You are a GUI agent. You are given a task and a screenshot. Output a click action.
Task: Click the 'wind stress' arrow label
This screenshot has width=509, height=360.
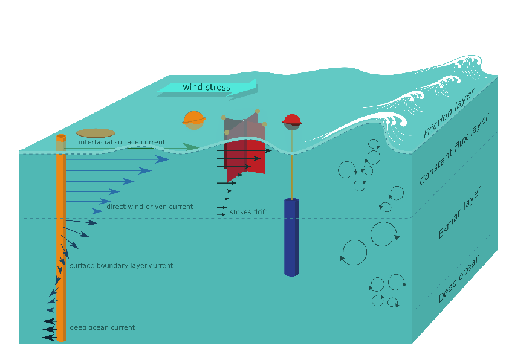206,88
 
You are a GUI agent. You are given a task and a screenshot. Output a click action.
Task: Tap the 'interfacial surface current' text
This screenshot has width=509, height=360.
122,143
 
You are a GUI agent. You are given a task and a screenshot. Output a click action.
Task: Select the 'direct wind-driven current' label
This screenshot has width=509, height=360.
149,207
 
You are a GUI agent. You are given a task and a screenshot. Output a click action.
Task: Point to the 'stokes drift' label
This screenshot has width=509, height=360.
248,212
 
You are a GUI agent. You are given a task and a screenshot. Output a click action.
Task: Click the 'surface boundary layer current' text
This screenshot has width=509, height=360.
121,265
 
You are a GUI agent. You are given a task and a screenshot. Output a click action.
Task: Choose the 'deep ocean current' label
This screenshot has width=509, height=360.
102,327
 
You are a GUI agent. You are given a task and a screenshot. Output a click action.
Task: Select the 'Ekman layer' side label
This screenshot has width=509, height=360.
459,213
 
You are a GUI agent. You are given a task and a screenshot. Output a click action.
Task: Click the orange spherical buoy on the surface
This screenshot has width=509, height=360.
193,120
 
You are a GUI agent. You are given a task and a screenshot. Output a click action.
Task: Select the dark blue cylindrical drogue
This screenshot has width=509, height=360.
291,237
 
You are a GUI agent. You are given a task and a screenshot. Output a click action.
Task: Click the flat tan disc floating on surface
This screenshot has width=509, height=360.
96,133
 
